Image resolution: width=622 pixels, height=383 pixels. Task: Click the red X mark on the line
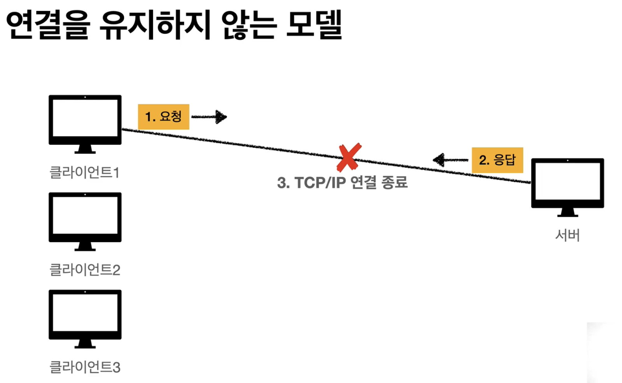[349, 157]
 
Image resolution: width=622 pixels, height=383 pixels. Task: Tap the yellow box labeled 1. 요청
[163, 116]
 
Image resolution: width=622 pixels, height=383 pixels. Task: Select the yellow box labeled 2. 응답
[497, 160]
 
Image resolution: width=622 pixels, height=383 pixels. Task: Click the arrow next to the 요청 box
[210, 117]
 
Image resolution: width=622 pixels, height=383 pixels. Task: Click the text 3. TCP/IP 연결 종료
[342, 183]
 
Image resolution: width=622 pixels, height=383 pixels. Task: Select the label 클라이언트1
[84, 172]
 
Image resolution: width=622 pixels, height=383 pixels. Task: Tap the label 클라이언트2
[84, 270]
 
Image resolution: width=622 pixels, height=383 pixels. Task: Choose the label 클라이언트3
[84, 367]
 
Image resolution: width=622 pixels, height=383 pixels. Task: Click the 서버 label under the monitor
[567, 235]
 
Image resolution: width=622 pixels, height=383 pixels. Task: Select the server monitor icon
[568, 183]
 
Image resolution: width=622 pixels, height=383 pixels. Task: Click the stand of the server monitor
[568, 213]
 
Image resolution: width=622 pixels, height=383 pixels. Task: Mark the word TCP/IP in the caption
[320, 183]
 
